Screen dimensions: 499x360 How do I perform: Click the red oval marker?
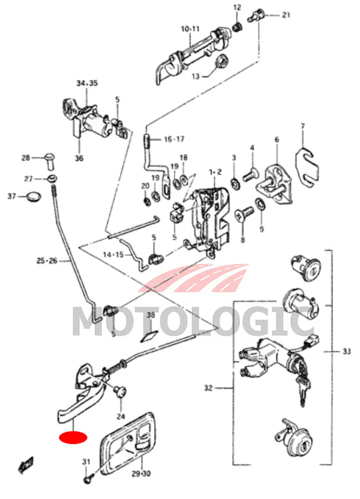pos(73,438)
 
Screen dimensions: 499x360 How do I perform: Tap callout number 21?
pos(285,14)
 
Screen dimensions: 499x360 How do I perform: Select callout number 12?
pos(237,7)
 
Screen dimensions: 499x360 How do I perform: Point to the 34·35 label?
pos(87,83)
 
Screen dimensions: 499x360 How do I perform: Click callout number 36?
pos(79,158)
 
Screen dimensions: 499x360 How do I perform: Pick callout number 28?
pos(26,158)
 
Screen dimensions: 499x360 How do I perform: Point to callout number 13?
pos(195,76)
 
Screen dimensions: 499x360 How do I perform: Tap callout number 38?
pos(151,315)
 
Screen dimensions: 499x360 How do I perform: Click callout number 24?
pos(120,416)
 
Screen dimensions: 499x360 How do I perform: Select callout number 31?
pos(86,462)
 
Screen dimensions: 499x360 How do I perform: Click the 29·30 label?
pos(142,473)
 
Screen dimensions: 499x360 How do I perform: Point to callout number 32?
pos(209,388)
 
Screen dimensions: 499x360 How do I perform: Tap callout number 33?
pos(347,352)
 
